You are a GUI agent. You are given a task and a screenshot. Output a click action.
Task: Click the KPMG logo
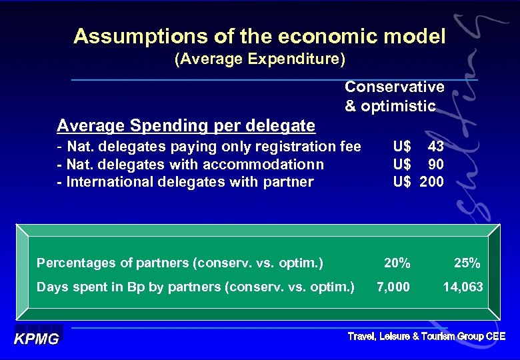click(x=37, y=338)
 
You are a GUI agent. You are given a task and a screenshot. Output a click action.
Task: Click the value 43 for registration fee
click(x=436, y=146)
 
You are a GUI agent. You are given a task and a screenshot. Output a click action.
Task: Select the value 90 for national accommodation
click(x=436, y=164)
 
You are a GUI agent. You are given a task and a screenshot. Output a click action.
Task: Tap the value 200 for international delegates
click(x=431, y=182)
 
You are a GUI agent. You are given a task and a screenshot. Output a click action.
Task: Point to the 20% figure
click(x=397, y=263)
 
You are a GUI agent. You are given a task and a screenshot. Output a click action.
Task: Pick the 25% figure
click(x=467, y=263)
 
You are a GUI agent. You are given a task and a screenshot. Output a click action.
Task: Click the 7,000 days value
click(x=393, y=287)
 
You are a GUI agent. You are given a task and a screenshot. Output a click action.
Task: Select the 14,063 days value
click(x=463, y=287)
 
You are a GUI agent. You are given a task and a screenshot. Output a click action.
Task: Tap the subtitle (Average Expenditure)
click(x=259, y=60)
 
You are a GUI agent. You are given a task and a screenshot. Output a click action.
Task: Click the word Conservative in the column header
click(x=394, y=87)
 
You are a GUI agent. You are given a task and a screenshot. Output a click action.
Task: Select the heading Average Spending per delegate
click(x=186, y=125)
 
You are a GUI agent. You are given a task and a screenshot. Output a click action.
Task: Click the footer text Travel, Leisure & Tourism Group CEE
click(x=426, y=337)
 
